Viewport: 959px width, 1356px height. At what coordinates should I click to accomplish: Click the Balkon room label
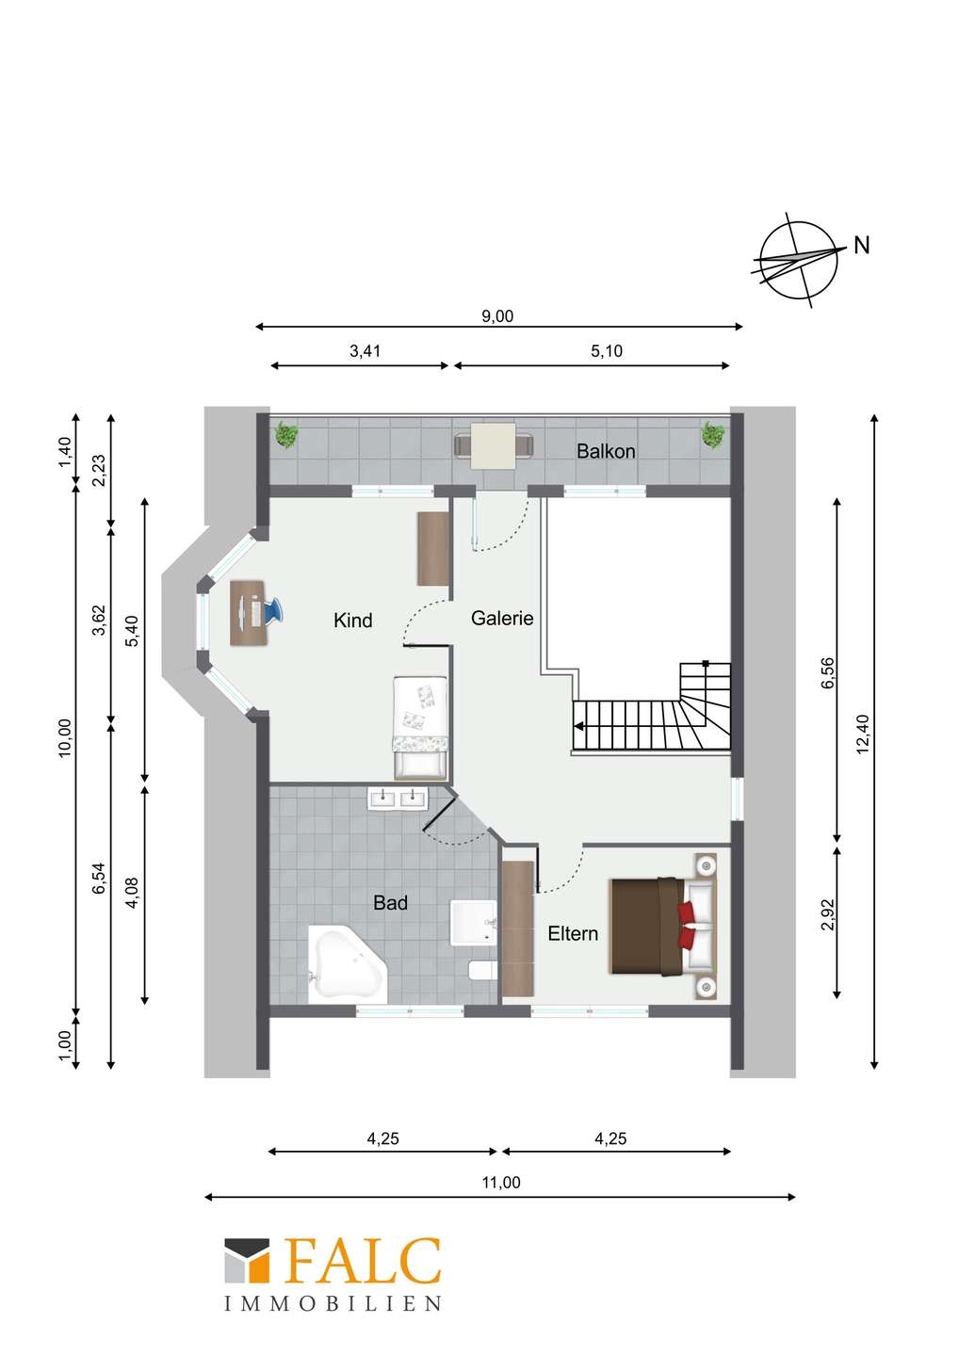point(606,451)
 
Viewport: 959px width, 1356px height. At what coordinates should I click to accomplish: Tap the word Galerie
point(502,618)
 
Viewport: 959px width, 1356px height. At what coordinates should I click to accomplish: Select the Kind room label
point(352,620)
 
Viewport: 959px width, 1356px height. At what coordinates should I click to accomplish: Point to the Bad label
point(391,902)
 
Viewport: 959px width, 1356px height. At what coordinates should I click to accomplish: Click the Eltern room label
point(573,933)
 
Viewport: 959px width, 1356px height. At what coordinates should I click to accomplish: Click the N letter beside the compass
point(862,246)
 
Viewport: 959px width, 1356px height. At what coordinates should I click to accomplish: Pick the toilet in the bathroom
point(482,971)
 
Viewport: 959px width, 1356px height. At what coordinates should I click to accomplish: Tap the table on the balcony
point(494,446)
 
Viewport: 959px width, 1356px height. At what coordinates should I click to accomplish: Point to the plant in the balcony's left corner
point(285,435)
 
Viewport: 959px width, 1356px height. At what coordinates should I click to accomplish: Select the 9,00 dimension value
point(497,316)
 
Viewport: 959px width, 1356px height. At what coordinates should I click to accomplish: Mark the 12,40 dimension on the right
point(862,734)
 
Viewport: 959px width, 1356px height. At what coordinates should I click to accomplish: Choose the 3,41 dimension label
point(366,351)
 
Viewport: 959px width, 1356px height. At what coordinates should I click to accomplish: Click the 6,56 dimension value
point(828,672)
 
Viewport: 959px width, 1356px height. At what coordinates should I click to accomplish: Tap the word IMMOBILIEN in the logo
point(333,1303)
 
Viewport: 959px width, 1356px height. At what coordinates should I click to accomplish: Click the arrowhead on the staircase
point(578,726)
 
